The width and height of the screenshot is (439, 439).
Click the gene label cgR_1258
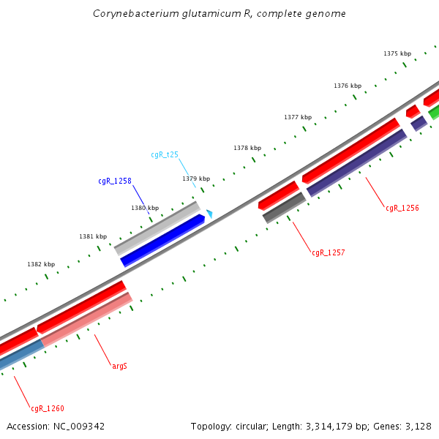click(115, 181)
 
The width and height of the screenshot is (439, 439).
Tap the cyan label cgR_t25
click(165, 154)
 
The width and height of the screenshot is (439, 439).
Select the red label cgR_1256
click(402, 208)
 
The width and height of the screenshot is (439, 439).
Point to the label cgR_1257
click(328, 252)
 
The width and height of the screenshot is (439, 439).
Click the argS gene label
click(119, 365)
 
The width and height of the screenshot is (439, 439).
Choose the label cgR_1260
click(48, 408)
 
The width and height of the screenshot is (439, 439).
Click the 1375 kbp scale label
click(397, 53)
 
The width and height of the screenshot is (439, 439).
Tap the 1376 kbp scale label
click(348, 86)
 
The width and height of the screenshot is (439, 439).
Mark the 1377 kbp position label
click(298, 117)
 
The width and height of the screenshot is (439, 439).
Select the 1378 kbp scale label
click(247, 148)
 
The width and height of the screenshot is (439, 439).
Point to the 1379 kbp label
click(196, 179)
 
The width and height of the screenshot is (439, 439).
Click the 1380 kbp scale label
click(145, 208)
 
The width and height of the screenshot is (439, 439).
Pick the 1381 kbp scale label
click(93, 236)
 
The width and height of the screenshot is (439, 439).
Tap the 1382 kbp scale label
click(41, 264)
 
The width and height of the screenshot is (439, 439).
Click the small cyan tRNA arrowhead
click(209, 214)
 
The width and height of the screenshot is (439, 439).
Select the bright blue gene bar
click(162, 240)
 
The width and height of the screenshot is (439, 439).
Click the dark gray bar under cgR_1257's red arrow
click(284, 208)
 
